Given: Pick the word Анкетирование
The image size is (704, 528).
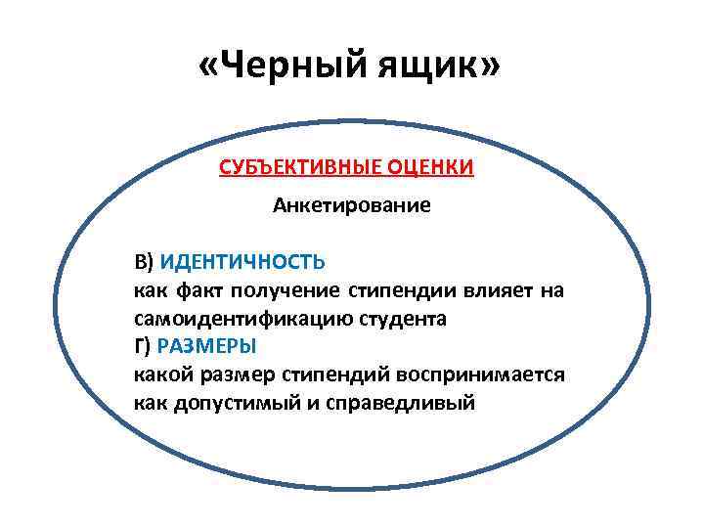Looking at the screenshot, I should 351,206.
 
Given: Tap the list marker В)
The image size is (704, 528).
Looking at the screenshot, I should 145,263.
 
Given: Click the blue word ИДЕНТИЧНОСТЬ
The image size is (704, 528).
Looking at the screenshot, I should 242,263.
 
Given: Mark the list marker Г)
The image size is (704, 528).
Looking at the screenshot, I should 143,346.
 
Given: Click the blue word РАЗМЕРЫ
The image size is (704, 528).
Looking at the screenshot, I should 204,346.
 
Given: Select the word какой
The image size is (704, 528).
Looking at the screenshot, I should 156,374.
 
